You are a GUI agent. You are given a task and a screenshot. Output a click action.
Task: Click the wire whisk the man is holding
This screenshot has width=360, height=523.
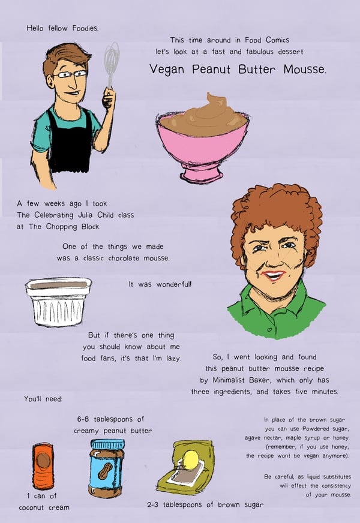pyautogui.click(x=111, y=67)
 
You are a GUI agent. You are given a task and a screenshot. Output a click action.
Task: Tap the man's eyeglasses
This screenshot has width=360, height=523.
pyautogui.click(x=70, y=74)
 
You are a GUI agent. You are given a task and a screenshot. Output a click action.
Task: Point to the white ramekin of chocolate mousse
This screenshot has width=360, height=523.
pyautogui.click(x=58, y=302)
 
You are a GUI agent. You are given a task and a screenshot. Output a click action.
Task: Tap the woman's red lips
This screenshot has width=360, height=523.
pyautogui.click(x=274, y=275)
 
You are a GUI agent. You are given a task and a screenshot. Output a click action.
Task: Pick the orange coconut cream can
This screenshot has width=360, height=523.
pyautogui.click(x=43, y=466)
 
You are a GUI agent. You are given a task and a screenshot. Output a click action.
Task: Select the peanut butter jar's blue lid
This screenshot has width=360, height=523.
pyautogui.click(x=108, y=444)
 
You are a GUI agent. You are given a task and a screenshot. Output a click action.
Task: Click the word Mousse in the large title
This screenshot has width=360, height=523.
pyautogui.click(x=305, y=70)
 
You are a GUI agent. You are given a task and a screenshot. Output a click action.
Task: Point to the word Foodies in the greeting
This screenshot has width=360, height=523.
pyautogui.click(x=85, y=28)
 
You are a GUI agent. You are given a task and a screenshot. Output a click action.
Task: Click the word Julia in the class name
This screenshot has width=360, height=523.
pyautogui.click(x=85, y=215)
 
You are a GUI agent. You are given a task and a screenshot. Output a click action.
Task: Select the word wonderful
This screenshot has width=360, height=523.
pyautogui.click(x=174, y=284)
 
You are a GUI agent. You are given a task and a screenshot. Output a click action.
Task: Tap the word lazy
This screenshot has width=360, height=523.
pyautogui.click(x=174, y=359)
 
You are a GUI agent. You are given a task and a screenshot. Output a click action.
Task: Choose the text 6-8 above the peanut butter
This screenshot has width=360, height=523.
pyautogui.click(x=83, y=419)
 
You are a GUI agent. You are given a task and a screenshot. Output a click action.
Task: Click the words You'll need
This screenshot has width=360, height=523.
pyautogui.click(x=43, y=399)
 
